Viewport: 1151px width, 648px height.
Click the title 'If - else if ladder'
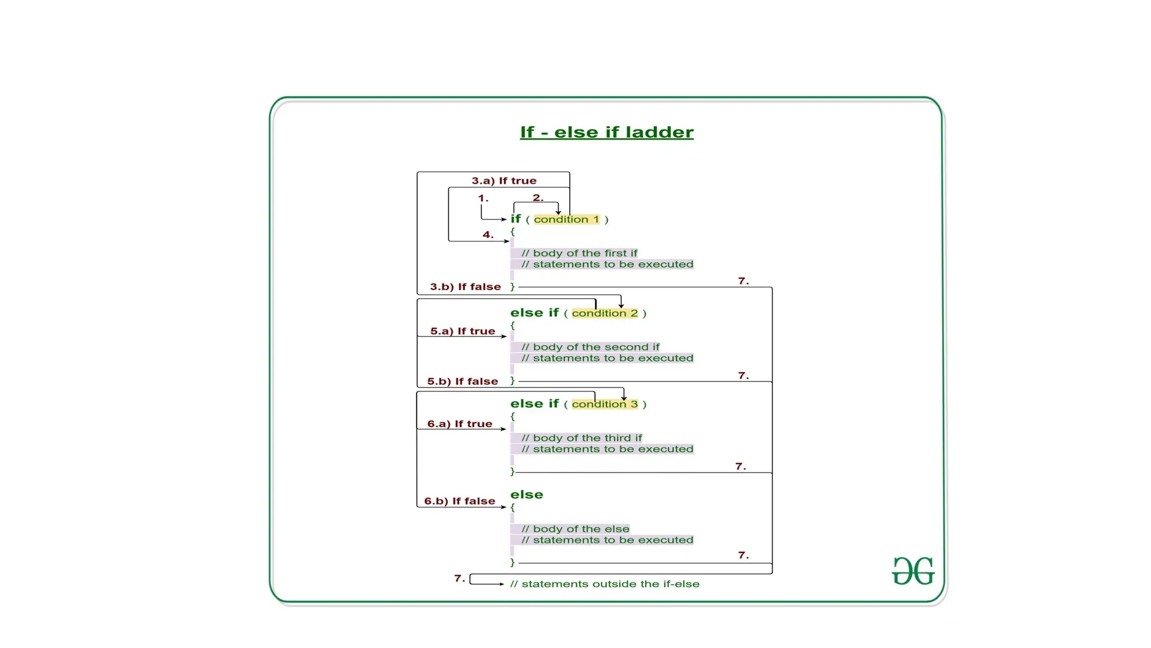pyautogui.click(x=606, y=132)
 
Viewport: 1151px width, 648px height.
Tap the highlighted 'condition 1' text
pyautogui.click(x=567, y=219)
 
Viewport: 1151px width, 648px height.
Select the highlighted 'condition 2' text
pyautogui.click(x=605, y=313)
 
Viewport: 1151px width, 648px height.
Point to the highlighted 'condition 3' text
pyautogui.click(x=605, y=404)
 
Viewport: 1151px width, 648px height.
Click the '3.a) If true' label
pyautogui.click(x=504, y=181)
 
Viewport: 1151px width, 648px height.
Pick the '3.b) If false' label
pyautogui.click(x=465, y=287)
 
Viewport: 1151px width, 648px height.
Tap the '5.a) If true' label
pyautogui.click(x=463, y=331)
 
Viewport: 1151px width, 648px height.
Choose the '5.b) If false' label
pyautogui.click(x=462, y=381)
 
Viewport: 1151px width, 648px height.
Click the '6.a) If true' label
pyautogui.click(x=459, y=424)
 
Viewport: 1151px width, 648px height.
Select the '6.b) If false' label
pyautogui.click(x=459, y=501)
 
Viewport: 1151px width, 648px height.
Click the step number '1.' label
pyautogui.click(x=483, y=198)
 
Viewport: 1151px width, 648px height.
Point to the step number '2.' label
pyautogui.click(x=538, y=198)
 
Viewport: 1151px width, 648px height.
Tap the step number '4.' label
pyautogui.click(x=488, y=235)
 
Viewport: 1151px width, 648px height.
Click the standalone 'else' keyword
pyautogui.click(x=527, y=495)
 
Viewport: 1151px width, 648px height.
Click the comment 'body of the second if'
pyautogui.click(x=590, y=347)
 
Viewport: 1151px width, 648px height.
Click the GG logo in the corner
pyautogui.click(x=913, y=571)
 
